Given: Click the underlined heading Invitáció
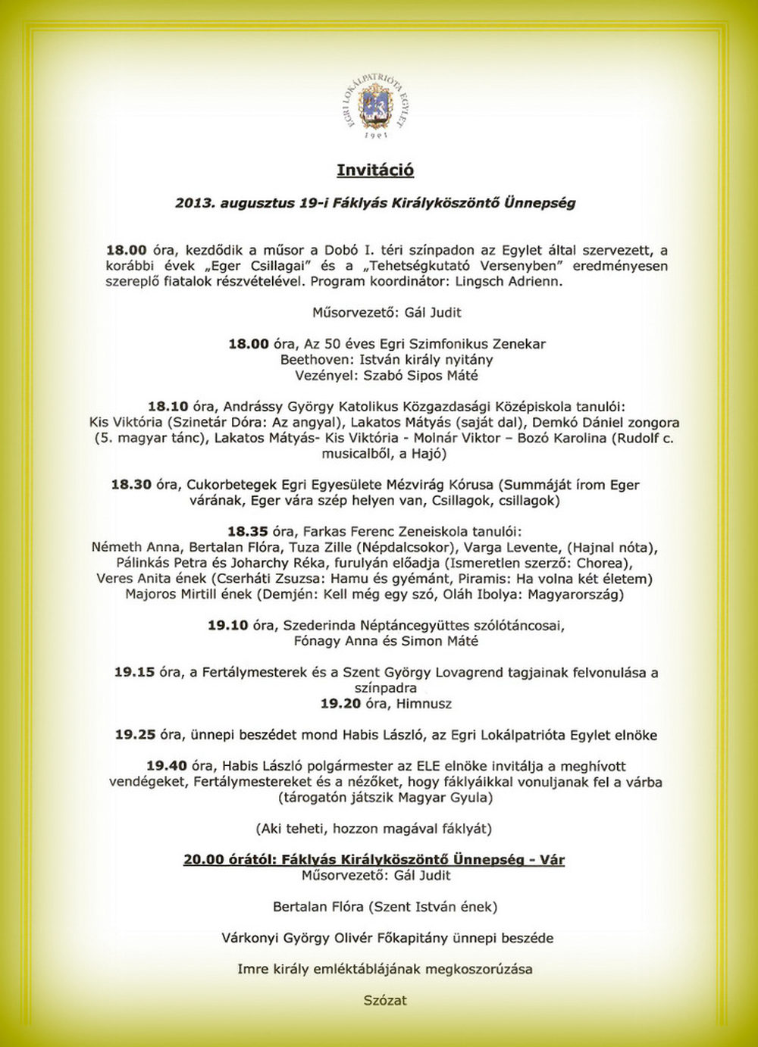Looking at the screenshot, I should pyautogui.click(x=375, y=170).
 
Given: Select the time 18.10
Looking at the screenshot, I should pyautogui.click(x=168, y=407).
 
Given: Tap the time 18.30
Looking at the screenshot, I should pyautogui.click(x=131, y=485).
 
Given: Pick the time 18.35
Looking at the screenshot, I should pyautogui.click(x=248, y=532).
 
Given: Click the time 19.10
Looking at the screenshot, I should pyautogui.click(x=228, y=626).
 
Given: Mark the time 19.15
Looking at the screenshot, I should pyautogui.click(x=134, y=673).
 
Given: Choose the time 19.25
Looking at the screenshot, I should pyautogui.click(x=135, y=735).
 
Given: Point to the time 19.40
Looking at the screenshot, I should pyautogui.click(x=167, y=766).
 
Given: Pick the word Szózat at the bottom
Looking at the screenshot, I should pyautogui.click(x=385, y=1000).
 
